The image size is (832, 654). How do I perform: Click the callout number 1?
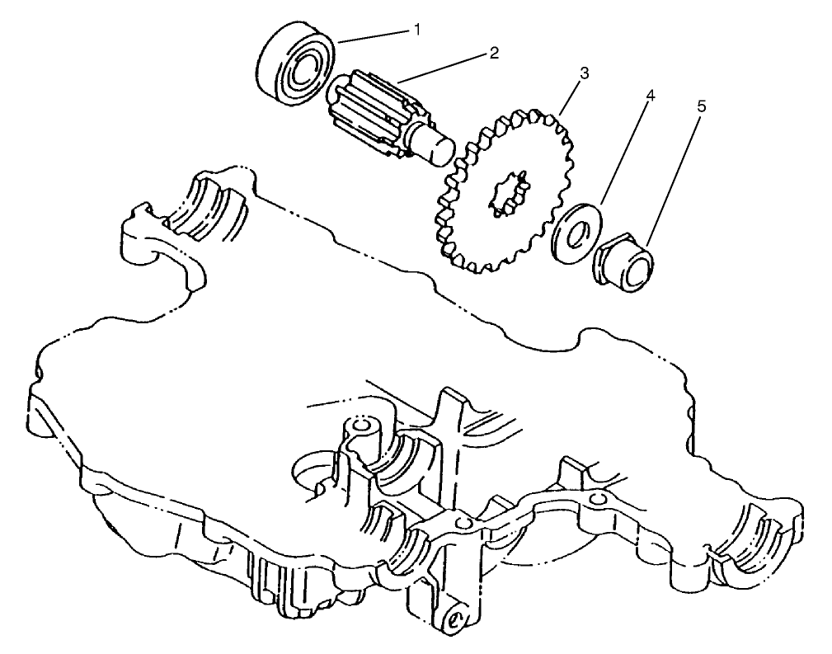pos(417,30)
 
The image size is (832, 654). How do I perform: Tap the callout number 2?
pos(494,54)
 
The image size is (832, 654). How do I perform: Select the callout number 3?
pos(583,73)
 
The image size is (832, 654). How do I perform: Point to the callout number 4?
pos(651,96)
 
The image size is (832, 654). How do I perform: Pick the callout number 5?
pos(702,106)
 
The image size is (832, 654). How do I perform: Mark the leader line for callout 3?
pos(569,95)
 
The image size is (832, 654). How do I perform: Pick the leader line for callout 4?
pos(625,153)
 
